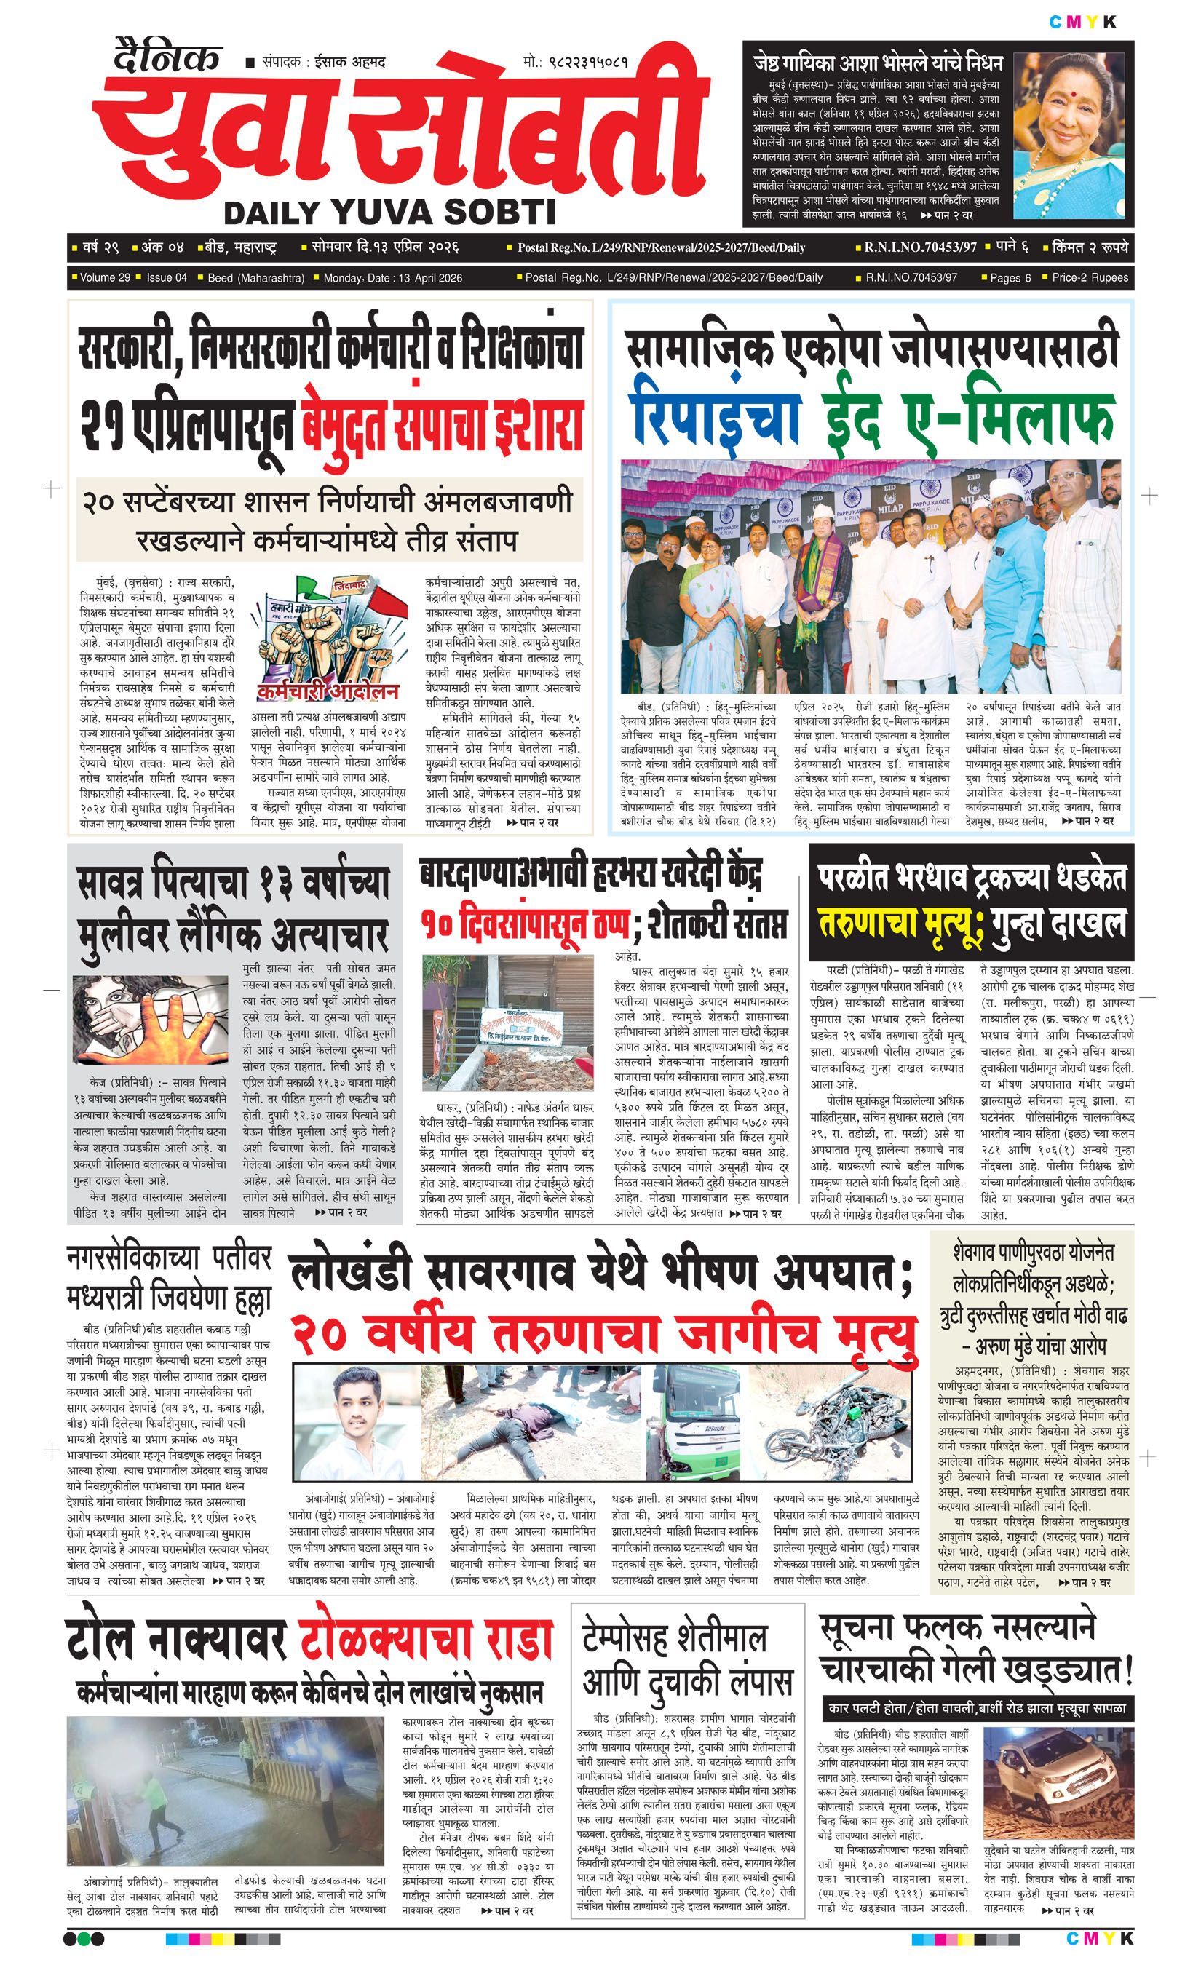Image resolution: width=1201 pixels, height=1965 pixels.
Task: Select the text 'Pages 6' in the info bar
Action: [x=1010, y=277]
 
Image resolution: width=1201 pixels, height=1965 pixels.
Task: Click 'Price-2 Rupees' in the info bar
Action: [x=1090, y=277]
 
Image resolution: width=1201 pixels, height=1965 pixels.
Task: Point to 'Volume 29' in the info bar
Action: [x=105, y=277]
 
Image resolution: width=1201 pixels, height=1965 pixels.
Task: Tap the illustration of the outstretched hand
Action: [x=151, y=1025]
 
